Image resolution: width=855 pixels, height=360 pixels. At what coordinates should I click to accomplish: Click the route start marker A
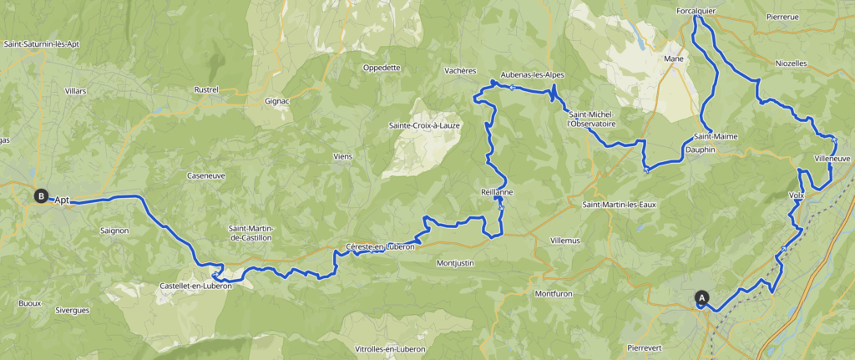pos(701,297)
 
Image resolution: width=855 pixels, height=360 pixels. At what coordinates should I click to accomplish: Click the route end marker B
pos(40,195)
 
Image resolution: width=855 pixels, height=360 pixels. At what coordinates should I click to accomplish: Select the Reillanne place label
pos(497,191)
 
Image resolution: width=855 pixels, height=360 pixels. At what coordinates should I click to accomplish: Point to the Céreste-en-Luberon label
pos(380,246)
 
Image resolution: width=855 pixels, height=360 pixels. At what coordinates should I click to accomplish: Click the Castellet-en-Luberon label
pos(195,286)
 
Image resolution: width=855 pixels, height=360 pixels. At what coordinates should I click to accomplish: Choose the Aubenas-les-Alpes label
pos(533,74)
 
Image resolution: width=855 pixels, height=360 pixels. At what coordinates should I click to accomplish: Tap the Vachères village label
pos(460,71)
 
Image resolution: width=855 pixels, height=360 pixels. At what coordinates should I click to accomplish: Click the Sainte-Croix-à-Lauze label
pos(423,125)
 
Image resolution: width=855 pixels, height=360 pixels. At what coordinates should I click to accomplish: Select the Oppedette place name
pos(382,68)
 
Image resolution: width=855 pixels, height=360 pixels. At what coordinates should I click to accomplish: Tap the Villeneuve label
pos(832,158)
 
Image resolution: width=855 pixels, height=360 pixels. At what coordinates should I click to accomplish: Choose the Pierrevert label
pos(650,345)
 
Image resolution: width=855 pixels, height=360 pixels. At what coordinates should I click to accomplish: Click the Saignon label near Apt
pos(114,230)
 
